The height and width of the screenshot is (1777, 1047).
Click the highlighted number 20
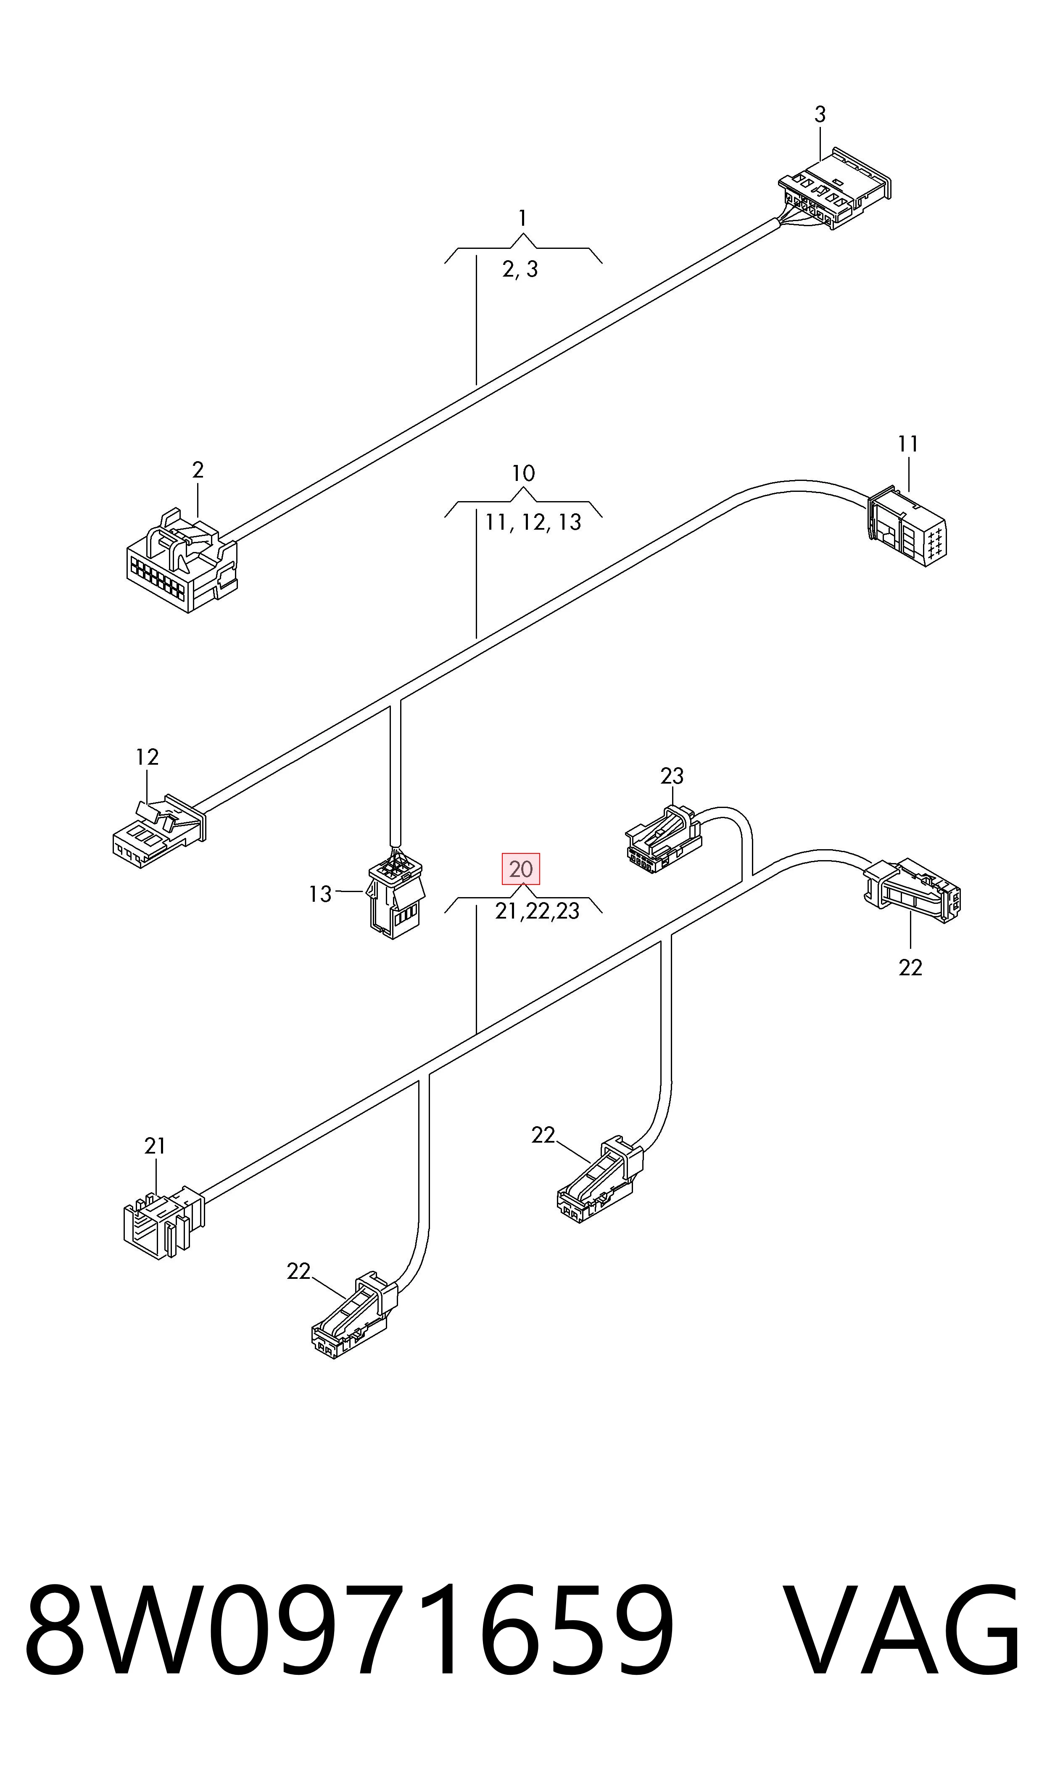(x=521, y=869)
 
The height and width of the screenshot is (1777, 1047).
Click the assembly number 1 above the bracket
(x=522, y=219)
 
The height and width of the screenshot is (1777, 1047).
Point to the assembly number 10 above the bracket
(x=523, y=473)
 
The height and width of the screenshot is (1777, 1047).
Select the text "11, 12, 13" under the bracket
(x=533, y=522)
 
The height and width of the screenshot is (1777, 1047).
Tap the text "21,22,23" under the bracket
(x=537, y=911)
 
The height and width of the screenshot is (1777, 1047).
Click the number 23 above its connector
(x=672, y=776)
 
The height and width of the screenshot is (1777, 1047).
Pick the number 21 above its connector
(x=155, y=1146)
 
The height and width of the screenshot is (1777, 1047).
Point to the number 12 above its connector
(x=147, y=757)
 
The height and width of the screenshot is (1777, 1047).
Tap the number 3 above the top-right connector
(x=820, y=114)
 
